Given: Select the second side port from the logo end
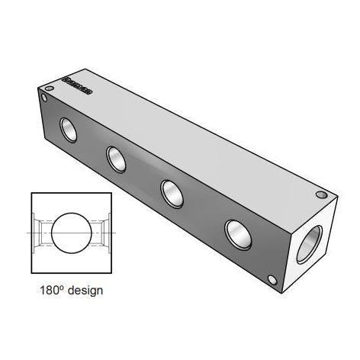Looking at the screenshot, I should pyautogui.click(x=117, y=159).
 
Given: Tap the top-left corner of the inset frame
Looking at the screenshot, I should pyautogui.click(x=31, y=194).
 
